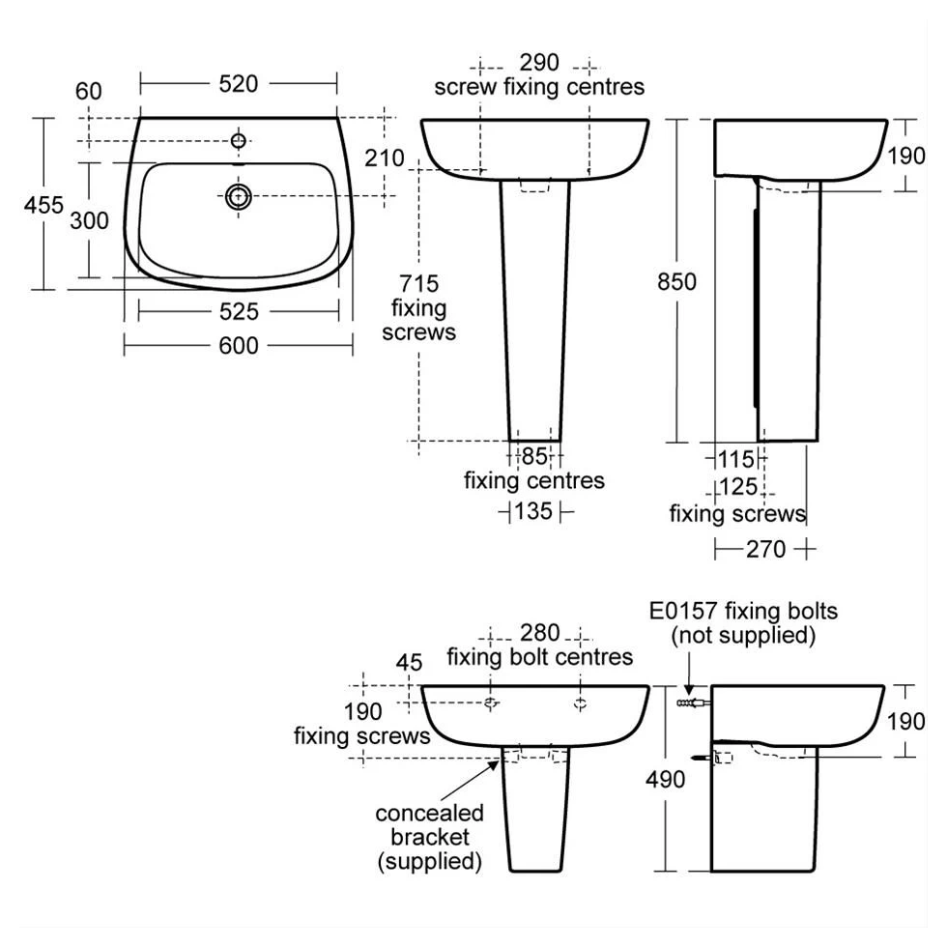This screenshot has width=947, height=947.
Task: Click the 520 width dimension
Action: click(239, 84)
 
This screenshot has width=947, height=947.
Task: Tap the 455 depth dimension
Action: click(43, 205)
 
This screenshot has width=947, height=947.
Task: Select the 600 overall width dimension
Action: click(239, 346)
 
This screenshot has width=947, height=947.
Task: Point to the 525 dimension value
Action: click(239, 311)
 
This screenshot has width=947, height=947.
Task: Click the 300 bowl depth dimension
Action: click(89, 220)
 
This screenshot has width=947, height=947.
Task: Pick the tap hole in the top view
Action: click(239, 141)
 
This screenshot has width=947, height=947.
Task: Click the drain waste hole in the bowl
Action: click(239, 196)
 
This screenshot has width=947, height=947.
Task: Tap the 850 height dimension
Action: click(677, 281)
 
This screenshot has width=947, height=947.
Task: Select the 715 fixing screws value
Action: click(419, 284)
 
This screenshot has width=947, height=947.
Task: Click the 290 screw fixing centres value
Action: click(539, 62)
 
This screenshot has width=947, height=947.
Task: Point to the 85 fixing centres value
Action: click(534, 456)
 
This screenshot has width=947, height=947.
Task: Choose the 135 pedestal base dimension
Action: click(533, 511)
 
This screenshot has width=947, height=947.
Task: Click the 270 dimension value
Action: click(765, 549)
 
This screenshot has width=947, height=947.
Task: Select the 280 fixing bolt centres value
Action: click(540, 633)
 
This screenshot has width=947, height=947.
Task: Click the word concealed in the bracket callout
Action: click(429, 813)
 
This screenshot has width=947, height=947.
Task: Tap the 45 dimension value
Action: click(409, 663)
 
